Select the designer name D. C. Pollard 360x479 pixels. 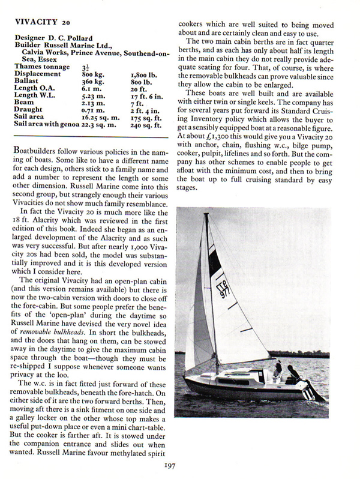pyautogui.click(x=70, y=38)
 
